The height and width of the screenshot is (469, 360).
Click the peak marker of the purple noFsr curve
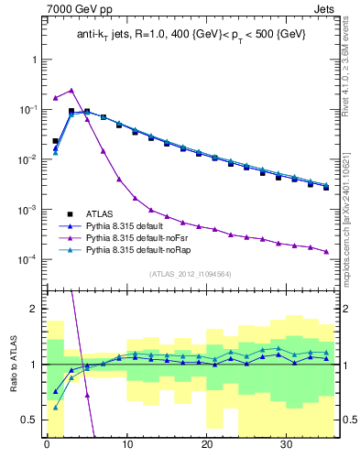coord(71,90)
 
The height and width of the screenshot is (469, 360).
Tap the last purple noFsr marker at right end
coord(326,252)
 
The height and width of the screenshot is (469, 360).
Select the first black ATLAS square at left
coord(56,141)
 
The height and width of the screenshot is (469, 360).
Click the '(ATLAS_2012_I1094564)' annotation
coord(191,274)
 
